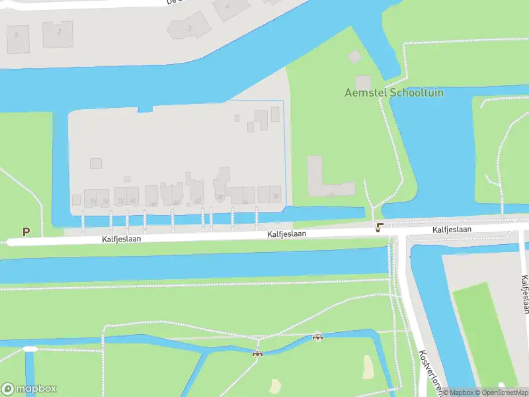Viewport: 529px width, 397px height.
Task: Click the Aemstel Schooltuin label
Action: (x=394, y=93)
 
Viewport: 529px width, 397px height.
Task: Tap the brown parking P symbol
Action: (x=26, y=232)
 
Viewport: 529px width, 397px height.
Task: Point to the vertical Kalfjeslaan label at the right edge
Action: (x=525, y=294)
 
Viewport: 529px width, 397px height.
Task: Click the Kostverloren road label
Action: (x=430, y=371)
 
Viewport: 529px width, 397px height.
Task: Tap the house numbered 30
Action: (x=275, y=195)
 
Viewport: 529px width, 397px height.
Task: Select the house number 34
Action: (x=245, y=200)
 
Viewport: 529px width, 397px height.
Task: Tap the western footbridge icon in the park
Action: (x=257, y=353)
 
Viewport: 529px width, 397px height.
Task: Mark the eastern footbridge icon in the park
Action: (x=317, y=337)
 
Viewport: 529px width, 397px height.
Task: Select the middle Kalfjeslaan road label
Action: (x=286, y=234)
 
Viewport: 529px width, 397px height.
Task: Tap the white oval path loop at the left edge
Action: (x=30, y=349)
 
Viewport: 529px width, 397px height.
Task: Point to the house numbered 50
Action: (x=133, y=200)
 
